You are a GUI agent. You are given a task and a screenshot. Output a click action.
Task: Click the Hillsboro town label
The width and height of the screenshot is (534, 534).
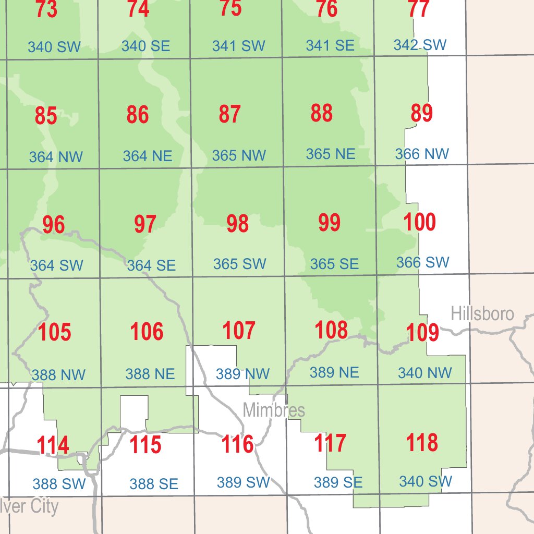click(482, 314)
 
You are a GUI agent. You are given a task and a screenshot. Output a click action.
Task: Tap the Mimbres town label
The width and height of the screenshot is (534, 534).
click(274, 410)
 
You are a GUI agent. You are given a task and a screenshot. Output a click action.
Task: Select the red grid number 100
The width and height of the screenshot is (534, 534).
click(420, 223)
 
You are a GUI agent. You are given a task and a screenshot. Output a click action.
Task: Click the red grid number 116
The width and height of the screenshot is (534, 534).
click(238, 445)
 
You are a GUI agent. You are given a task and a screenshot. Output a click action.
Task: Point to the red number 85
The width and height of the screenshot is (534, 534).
click(46, 116)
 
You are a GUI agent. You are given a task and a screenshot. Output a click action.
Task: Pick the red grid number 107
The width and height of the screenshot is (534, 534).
click(239, 331)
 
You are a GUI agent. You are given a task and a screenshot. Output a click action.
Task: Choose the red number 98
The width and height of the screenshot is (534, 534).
click(237, 224)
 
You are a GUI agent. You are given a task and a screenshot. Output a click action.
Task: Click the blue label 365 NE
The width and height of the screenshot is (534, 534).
click(331, 154)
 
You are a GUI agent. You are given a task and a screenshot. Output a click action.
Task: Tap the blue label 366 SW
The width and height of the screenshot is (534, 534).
click(422, 262)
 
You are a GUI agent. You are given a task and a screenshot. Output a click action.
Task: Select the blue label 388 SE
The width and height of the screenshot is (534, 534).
click(154, 484)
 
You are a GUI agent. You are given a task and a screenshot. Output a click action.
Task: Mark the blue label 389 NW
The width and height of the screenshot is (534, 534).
click(243, 374)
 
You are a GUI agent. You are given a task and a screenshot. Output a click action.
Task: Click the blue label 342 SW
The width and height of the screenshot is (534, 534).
click(420, 45)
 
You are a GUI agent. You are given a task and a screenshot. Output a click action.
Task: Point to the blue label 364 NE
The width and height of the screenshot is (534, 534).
click(148, 156)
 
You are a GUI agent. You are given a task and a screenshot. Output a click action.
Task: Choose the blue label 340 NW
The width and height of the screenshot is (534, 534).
click(425, 373)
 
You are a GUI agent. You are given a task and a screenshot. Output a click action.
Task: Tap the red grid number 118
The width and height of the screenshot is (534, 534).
click(422, 443)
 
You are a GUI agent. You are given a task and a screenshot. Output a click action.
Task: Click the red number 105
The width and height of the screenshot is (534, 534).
click(54, 332)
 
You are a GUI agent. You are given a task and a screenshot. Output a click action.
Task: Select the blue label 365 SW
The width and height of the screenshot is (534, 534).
click(240, 264)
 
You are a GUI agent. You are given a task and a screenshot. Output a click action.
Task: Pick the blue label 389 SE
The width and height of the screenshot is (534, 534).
click(338, 482)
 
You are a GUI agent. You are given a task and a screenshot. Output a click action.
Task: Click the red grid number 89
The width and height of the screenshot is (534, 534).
click(421, 113)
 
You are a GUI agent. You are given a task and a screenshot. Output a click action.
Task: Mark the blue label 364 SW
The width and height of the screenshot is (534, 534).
click(56, 265)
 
